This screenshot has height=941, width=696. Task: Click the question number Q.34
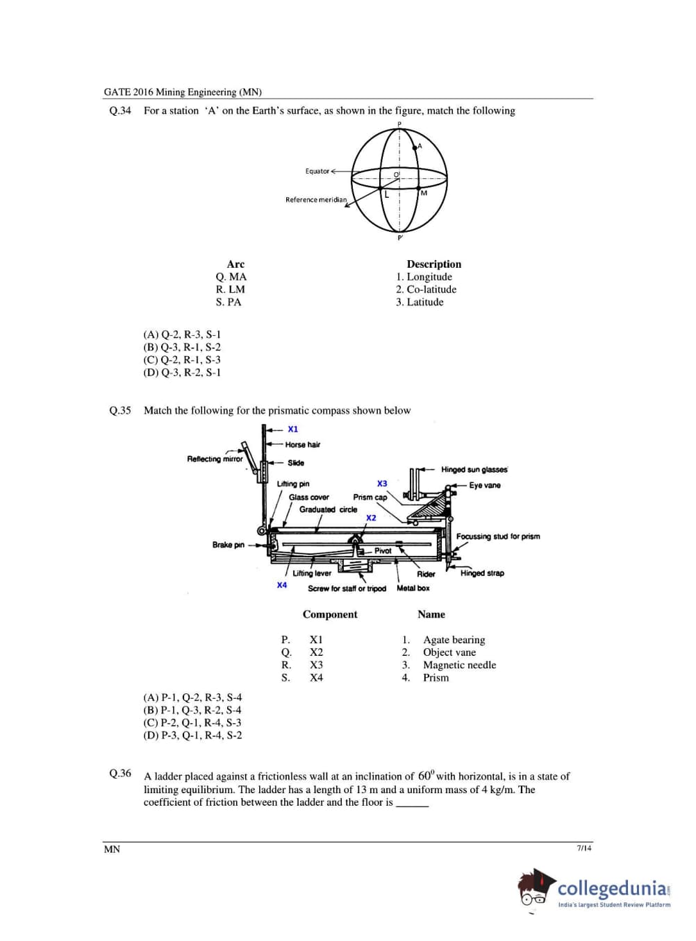coord(120,110)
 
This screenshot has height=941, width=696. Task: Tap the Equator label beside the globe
coord(317,171)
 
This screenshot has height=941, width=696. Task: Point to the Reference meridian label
coord(315,200)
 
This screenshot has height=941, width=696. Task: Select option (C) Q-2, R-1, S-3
coord(182,359)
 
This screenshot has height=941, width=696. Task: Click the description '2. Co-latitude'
coord(426,289)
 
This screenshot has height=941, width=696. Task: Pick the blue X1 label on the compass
coord(293,429)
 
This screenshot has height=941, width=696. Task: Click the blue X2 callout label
coord(371,518)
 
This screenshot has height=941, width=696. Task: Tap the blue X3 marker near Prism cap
coord(382,483)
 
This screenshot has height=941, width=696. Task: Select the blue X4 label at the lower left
coord(282,585)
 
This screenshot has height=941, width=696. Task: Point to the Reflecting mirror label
coord(215,459)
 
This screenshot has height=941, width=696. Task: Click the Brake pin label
coord(228,545)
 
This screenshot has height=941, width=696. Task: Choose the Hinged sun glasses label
coord(474,470)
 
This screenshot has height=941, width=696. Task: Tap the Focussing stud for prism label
coord(497,536)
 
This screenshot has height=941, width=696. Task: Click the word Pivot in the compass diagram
coord(383,550)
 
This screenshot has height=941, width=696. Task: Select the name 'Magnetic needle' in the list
coord(459,665)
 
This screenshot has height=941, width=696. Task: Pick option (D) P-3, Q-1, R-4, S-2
coord(192,736)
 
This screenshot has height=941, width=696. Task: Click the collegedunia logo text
coord(613,888)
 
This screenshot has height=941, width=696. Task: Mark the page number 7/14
coord(584,848)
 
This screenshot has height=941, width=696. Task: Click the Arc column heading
coord(235,264)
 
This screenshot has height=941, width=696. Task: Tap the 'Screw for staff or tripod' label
coord(347,588)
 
